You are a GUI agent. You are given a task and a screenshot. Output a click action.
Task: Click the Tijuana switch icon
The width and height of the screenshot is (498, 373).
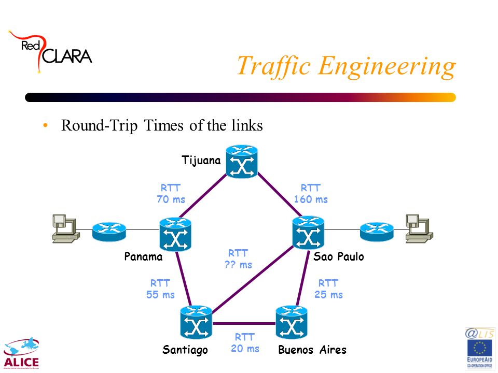242,162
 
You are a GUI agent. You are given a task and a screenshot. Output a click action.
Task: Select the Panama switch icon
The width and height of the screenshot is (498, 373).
175,234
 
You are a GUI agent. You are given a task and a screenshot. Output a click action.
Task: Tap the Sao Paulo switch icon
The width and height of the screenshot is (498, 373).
308,233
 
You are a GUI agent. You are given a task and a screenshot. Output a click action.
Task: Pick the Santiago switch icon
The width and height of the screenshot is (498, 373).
196,322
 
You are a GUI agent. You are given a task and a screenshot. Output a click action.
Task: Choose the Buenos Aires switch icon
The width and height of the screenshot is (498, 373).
292,322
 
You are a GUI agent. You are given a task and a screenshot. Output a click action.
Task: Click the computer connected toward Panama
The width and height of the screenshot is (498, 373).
66,228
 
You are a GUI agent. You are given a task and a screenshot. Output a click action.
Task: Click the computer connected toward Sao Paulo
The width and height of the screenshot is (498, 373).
419,228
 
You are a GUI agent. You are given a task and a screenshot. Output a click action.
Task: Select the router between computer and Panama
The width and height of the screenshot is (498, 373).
109,232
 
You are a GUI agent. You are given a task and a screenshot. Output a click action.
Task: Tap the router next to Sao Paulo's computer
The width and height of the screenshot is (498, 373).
377,232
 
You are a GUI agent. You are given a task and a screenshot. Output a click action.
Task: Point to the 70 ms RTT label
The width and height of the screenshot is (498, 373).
171,193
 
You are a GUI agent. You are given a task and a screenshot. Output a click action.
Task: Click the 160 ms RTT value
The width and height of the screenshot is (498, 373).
311,199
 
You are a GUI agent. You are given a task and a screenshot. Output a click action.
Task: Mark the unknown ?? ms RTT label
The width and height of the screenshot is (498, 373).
238,259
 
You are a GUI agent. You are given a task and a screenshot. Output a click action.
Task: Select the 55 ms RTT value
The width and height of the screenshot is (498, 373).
160,294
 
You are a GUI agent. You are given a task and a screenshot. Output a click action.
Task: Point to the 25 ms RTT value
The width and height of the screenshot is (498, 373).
329,294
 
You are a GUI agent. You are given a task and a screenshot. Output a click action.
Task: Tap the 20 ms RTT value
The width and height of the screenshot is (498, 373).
245,348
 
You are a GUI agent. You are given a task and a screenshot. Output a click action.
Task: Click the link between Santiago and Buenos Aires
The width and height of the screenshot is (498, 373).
244,323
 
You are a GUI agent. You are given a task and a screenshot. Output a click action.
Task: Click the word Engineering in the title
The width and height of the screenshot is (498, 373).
387,67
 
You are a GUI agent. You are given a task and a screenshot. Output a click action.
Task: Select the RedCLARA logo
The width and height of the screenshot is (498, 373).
50,52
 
